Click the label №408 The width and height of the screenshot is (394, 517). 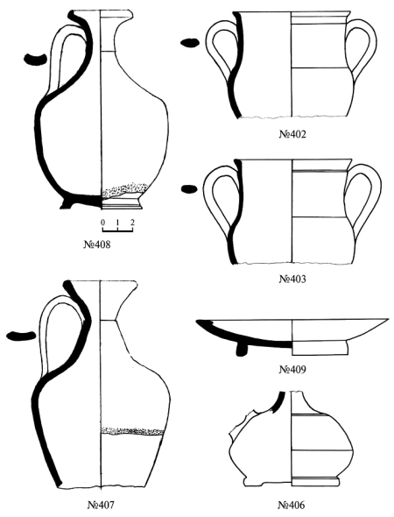point(97,244)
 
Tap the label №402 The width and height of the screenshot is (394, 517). point(292,135)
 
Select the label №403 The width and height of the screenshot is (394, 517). point(292,279)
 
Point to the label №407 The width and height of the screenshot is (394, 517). point(101,505)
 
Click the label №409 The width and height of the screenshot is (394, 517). point(292,369)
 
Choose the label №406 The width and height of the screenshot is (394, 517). point(292,505)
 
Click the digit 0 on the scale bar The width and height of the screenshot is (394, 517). point(102,223)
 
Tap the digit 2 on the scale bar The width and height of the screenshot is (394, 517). point(132,223)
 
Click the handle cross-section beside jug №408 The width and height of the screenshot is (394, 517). point(35,60)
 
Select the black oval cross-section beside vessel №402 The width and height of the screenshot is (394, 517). point(190,43)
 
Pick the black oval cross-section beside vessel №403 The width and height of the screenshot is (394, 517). point(189,188)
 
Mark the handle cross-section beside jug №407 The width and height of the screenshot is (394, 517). point(21,336)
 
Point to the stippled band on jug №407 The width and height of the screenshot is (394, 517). point(132,430)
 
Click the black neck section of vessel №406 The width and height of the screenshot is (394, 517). point(278,401)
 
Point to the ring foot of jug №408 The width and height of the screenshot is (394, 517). point(122,203)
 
